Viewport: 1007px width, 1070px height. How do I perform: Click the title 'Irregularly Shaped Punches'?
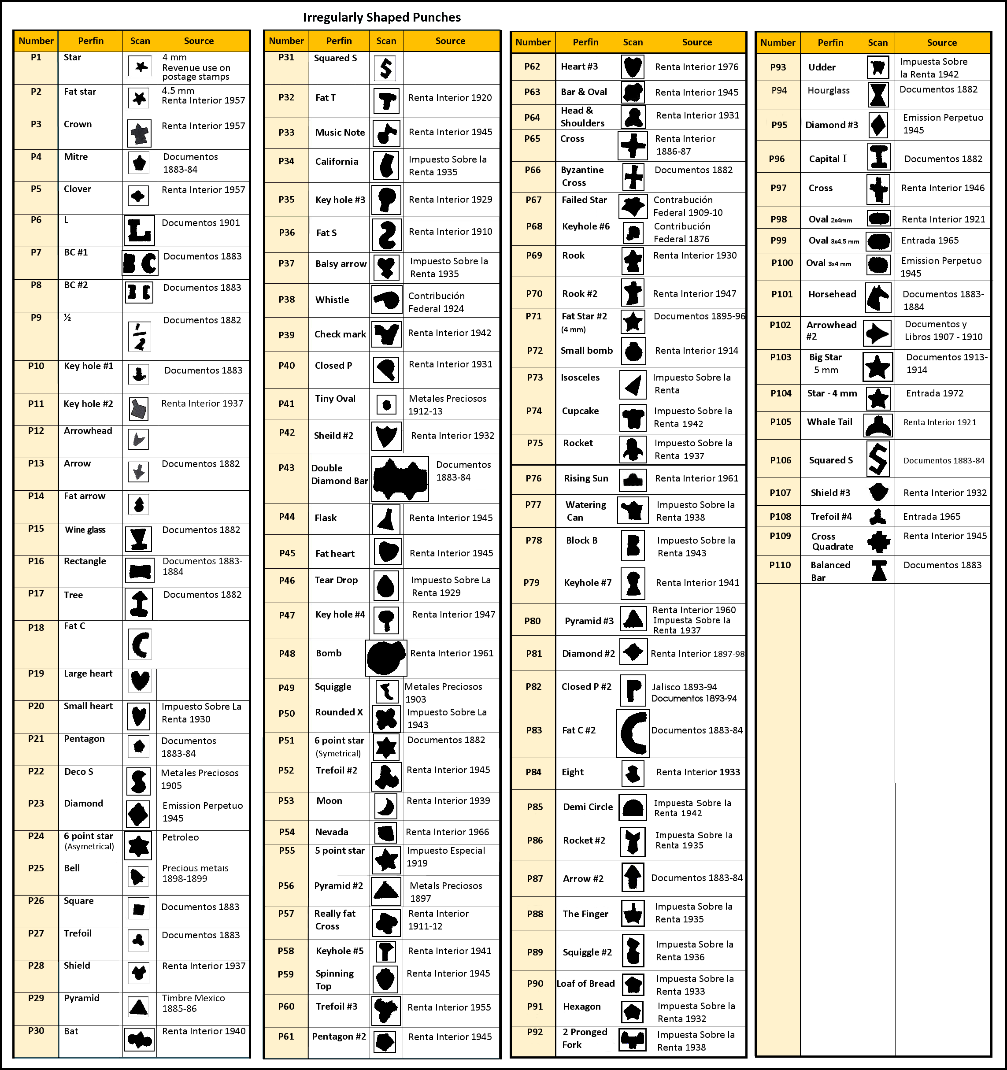381,17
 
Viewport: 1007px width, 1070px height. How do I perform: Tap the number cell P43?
286,468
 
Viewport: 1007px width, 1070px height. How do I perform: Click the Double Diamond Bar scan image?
400,478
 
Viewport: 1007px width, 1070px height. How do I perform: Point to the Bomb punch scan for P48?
386,657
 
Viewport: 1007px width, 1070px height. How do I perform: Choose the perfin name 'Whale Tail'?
829,422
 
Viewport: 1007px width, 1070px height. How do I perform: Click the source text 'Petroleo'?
180,837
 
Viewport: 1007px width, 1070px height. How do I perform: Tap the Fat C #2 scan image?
633,733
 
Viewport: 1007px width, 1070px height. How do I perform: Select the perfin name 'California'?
337,162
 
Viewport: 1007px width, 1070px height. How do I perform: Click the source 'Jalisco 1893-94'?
684,687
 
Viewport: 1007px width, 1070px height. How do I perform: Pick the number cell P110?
780,565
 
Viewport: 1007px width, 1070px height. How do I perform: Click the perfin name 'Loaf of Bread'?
585,983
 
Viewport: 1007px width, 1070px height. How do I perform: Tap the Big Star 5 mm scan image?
878,367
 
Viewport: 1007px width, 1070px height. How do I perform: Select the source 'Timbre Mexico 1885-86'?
193,1003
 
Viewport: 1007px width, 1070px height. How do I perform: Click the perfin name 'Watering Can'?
585,511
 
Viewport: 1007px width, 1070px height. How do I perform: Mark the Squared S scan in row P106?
878,459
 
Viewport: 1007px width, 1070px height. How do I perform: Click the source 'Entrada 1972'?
934,393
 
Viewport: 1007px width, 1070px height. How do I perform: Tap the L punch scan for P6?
139,230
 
